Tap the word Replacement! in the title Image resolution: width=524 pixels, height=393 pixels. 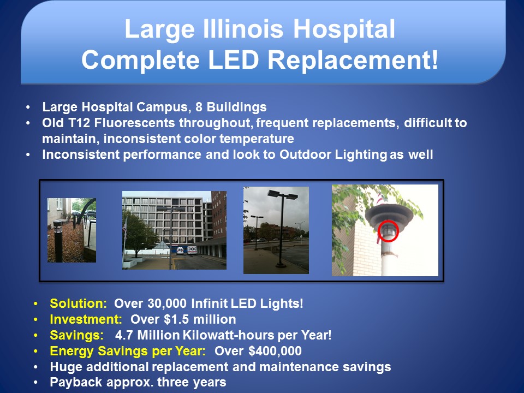[x=353, y=60]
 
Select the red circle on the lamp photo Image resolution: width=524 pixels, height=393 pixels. [x=388, y=230]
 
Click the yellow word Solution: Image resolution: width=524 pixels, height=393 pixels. [x=78, y=303]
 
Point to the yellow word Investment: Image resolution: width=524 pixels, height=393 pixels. [x=86, y=319]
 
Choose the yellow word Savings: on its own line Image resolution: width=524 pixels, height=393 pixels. [x=77, y=335]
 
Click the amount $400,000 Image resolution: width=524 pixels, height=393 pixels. [x=275, y=351]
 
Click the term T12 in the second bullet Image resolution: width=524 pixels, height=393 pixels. [x=79, y=123]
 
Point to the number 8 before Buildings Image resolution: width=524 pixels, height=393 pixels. [x=199, y=107]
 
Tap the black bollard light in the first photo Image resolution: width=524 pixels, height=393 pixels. [x=58, y=241]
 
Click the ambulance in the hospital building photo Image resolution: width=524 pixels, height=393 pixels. [x=192, y=251]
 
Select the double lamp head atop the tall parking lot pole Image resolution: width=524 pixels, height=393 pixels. [x=283, y=194]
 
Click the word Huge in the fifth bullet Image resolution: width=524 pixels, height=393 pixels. [x=66, y=367]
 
